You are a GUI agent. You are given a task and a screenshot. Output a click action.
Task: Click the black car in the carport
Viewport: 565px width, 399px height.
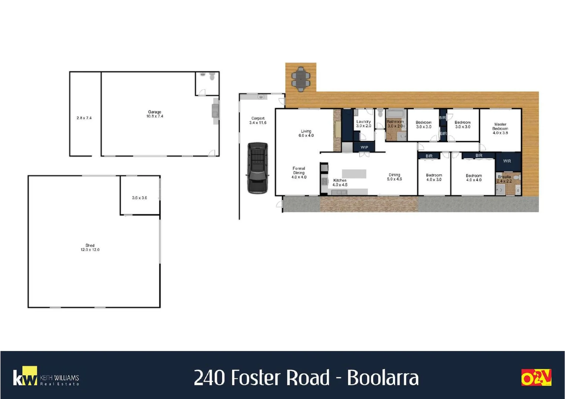257,168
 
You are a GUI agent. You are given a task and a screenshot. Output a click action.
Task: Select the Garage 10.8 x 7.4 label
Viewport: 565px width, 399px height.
154,114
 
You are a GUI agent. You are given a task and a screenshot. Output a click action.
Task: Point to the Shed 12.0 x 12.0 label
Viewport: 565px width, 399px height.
90,248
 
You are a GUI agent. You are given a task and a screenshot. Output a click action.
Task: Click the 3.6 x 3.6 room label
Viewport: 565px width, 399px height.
139,198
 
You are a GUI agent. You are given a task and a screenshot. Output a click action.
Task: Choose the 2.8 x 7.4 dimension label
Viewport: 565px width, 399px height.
84,118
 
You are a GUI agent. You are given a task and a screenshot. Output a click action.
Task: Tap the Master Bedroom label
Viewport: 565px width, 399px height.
500,129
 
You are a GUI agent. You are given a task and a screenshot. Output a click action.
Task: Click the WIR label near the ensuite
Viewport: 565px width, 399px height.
507,161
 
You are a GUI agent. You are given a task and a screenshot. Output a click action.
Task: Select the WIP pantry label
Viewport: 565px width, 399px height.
364,147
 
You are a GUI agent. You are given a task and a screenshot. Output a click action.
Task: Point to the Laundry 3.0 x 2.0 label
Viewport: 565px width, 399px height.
363,124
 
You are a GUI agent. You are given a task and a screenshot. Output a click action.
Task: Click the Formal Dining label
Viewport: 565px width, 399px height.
299,173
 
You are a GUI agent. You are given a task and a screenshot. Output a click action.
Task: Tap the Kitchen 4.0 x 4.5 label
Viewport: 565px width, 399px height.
340,183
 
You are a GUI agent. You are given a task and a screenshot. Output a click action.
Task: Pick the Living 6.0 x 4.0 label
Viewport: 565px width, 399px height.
306,133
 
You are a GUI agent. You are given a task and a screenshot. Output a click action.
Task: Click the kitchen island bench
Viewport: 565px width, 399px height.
354,174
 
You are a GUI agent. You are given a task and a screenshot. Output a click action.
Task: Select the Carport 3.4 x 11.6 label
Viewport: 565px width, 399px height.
258,120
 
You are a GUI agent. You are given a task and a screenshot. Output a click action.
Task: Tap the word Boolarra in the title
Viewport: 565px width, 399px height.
382,378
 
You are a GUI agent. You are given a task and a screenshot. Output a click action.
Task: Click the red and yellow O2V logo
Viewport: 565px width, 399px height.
536,378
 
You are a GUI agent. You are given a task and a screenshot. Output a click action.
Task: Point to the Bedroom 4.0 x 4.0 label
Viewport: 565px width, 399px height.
473,178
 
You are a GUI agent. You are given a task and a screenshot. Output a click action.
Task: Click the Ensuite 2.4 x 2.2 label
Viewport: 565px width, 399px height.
504,179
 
